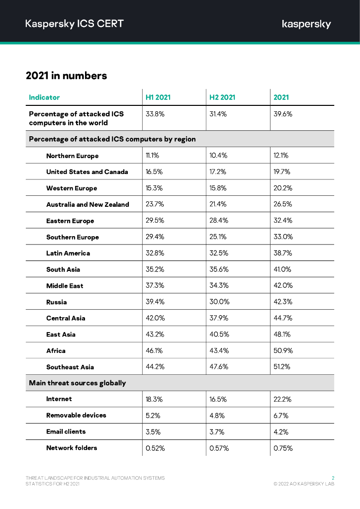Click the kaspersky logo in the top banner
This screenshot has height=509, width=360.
(306, 24)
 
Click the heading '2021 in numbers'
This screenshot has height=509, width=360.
(66, 76)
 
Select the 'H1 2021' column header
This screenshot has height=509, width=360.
(158, 97)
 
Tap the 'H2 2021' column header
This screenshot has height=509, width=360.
(222, 97)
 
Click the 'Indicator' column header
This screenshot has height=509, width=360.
(44, 97)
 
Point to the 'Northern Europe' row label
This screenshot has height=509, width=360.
(72, 156)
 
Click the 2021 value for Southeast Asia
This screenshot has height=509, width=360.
(283, 367)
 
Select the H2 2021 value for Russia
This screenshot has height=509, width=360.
(219, 302)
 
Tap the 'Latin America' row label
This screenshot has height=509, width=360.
(68, 254)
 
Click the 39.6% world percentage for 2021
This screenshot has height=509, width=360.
(283, 114)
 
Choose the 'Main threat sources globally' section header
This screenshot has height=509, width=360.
(77, 383)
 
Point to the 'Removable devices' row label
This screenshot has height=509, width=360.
(76, 416)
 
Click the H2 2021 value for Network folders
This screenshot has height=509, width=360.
(219, 448)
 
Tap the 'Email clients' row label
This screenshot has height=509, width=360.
(66, 432)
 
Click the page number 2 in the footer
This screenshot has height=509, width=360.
(333, 478)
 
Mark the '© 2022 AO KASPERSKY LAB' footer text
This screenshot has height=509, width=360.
(304, 484)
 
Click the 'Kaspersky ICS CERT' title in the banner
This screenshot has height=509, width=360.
(75, 23)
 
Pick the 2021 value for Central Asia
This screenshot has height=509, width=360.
(283, 318)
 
